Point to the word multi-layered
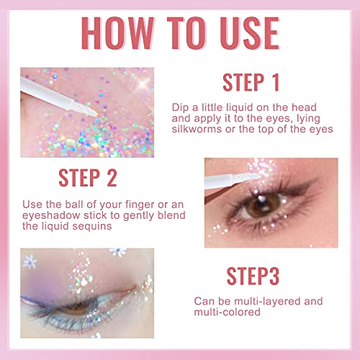click(284, 301)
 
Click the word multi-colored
click(226, 314)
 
